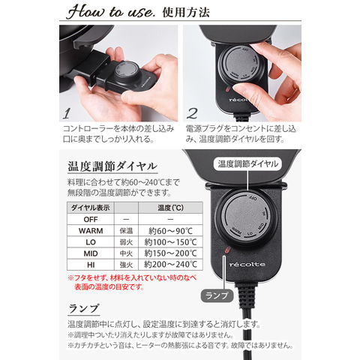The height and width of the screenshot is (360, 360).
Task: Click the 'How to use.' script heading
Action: pos(111,11)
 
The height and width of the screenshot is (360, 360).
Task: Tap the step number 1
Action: pos(66,114)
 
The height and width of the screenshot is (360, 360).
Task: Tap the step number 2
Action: pos(192,114)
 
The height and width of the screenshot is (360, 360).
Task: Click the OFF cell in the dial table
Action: pos(91,220)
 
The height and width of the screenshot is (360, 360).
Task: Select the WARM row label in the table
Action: pos(91,231)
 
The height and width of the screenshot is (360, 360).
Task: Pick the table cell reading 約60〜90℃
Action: pos(170,231)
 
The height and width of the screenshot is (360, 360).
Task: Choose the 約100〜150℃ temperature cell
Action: pos(170,242)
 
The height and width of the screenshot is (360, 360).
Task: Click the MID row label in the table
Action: pos(91,253)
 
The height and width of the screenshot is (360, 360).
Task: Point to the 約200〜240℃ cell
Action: pos(170,265)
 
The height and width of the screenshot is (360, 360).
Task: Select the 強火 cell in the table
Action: pos(126,265)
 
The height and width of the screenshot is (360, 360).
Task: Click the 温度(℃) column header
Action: pos(170,208)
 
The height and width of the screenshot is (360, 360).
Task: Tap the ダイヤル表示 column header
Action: pos(91,208)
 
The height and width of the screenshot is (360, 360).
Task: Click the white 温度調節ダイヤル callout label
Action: pos(247,164)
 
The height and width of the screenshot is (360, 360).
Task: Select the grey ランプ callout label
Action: pos(217,295)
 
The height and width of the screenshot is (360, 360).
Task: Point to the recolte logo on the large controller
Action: pos(247,265)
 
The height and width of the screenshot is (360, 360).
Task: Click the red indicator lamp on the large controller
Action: pos(227,250)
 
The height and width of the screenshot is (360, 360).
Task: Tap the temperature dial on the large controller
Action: pos(246,217)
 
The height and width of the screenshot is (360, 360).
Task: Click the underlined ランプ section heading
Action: pos(83,309)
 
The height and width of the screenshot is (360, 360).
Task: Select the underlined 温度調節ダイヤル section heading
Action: pos(112,166)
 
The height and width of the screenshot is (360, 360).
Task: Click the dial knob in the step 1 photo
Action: pos(126,70)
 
